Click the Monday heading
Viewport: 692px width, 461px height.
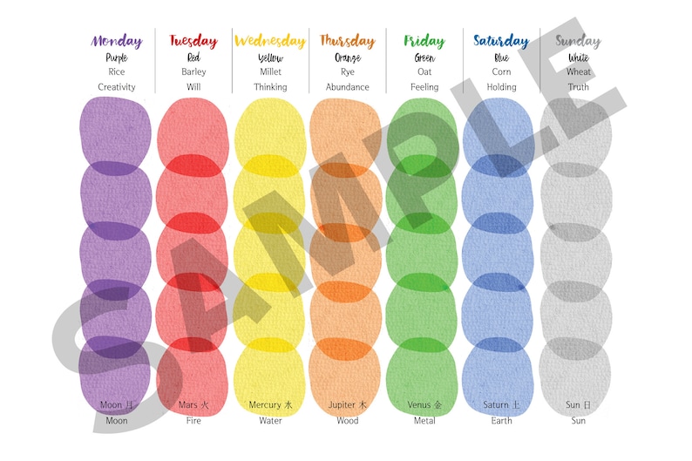click(x=116, y=41)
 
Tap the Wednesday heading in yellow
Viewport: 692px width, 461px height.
click(x=270, y=41)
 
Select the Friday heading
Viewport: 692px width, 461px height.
click(x=424, y=41)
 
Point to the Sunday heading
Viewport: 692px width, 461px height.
click(x=578, y=41)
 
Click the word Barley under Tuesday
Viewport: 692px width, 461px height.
click(x=193, y=72)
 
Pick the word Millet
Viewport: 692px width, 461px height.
click(x=270, y=72)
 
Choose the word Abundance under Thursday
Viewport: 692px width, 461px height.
click(x=347, y=87)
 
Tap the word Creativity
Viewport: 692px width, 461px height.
click(x=116, y=87)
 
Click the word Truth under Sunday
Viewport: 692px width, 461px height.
click(x=578, y=87)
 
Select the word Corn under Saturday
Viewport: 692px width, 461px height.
click(x=501, y=72)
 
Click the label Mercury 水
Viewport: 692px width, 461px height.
click(x=270, y=405)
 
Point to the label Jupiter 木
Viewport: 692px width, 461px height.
click(x=347, y=405)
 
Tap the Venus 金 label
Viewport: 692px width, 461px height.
click(x=424, y=405)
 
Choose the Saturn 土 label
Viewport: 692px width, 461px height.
click(x=501, y=405)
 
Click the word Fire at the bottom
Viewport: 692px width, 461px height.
click(x=193, y=421)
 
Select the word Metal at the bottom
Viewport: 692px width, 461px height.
click(x=424, y=421)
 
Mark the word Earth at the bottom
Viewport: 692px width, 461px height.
click(x=501, y=421)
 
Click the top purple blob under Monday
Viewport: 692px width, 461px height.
click(x=115, y=131)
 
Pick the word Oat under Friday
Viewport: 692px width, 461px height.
click(x=424, y=72)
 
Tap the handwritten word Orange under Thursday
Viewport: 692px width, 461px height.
click(x=347, y=58)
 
